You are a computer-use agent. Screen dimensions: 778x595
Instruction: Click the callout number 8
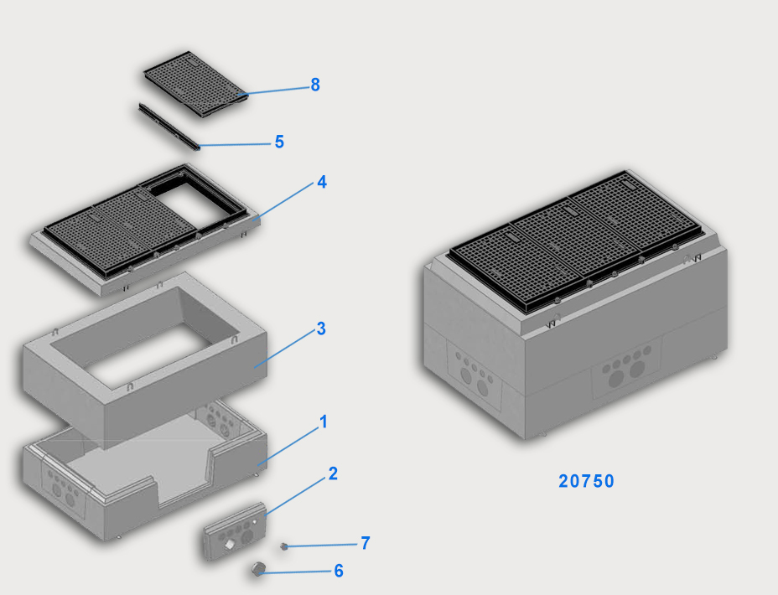[x=315, y=85]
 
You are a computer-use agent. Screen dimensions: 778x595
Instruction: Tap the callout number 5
[x=279, y=142]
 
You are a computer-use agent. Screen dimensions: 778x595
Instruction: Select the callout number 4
[x=322, y=182]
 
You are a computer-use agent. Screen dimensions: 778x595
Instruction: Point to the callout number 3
[x=321, y=329]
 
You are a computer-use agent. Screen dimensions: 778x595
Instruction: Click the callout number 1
[x=324, y=422]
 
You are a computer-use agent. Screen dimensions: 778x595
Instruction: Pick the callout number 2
[x=333, y=473]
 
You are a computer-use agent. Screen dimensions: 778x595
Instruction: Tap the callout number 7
[x=366, y=543]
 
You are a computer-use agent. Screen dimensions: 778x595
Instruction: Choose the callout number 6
[x=339, y=571]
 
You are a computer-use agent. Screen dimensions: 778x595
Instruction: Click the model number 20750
[x=586, y=481]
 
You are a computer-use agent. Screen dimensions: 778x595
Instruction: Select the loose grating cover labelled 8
[x=196, y=85]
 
